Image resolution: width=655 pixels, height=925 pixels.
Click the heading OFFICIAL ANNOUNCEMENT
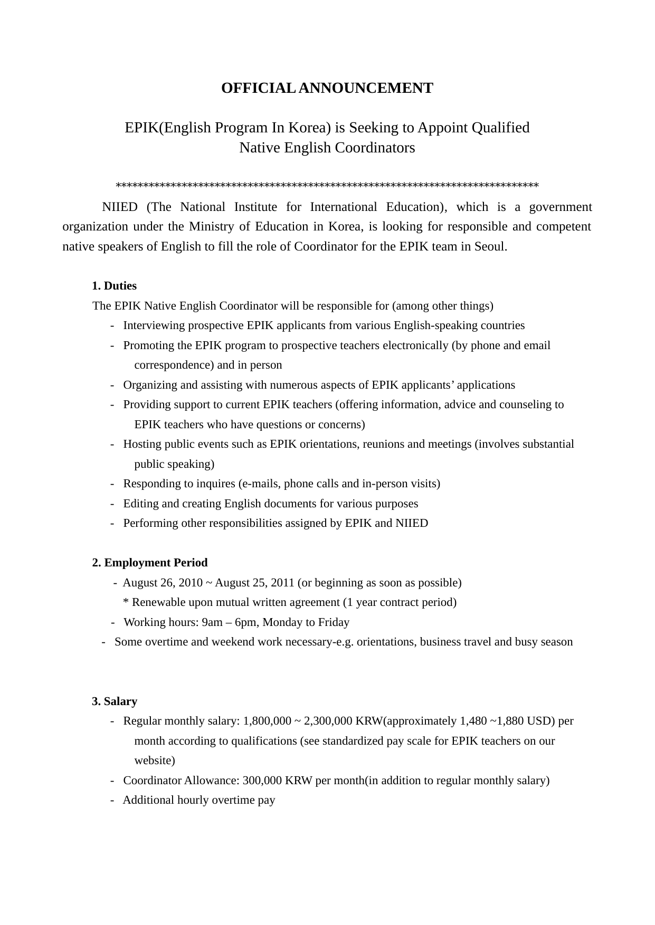coord(327,88)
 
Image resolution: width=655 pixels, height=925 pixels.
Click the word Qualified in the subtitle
coord(497,128)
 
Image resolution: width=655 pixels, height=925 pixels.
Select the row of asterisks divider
coord(327,186)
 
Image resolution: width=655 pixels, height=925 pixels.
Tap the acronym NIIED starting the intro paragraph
coord(120,207)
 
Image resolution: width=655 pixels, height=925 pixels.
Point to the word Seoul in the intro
coord(490,246)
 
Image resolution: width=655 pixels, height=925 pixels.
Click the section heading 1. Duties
coord(114,286)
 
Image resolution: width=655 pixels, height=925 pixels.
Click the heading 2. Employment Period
coord(150,563)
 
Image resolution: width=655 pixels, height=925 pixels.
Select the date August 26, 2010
coord(163,583)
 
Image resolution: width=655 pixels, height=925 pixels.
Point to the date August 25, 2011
coord(254,583)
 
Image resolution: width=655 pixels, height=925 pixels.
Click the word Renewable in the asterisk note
coord(156,602)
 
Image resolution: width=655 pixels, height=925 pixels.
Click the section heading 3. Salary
coord(115,701)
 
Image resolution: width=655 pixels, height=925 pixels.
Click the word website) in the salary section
coord(155,760)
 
